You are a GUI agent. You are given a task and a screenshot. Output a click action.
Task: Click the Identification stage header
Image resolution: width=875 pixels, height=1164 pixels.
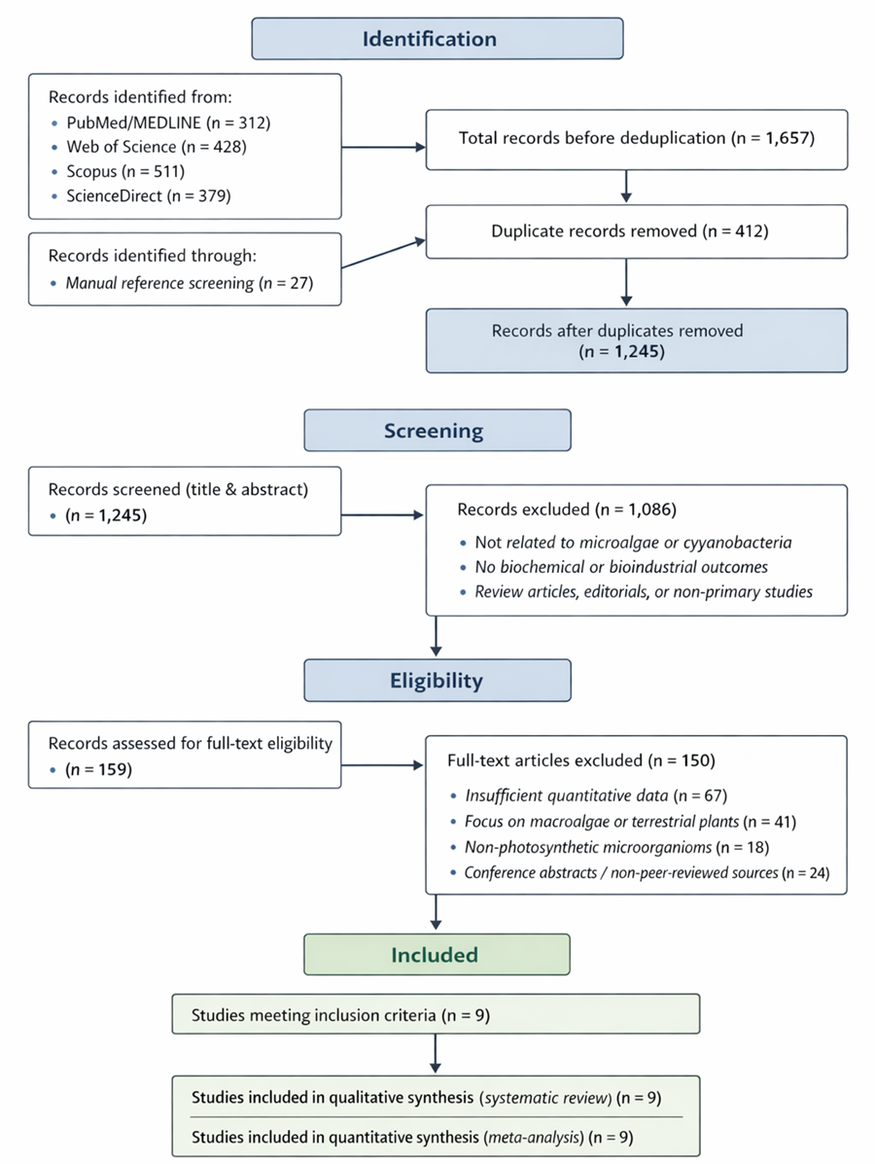click(x=437, y=40)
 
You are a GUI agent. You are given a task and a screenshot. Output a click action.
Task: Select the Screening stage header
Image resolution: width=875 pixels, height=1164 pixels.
click(x=437, y=430)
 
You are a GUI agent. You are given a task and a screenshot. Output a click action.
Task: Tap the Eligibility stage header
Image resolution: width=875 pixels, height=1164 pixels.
click(x=437, y=681)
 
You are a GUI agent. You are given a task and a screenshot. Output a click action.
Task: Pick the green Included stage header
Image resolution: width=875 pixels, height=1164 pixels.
click(x=437, y=955)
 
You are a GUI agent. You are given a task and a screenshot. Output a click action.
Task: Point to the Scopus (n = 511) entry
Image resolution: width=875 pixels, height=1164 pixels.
click(x=126, y=172)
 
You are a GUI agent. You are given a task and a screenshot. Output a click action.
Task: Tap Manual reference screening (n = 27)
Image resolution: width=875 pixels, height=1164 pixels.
click(x=190, y=284)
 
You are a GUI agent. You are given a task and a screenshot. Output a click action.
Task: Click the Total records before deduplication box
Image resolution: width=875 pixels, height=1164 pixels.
click(x=636, y=139)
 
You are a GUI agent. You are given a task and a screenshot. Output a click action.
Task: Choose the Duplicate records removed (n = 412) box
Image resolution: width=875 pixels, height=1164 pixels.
click(x=636, y=232)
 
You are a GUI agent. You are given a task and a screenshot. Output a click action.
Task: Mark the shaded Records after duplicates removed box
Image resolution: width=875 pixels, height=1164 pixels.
click(x=636, y=340)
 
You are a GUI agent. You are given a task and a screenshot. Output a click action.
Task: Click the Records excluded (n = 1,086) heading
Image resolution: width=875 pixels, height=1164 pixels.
click(x=568, y=510)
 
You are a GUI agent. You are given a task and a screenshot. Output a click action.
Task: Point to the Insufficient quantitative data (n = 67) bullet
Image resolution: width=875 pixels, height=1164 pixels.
click(x=595, y=795)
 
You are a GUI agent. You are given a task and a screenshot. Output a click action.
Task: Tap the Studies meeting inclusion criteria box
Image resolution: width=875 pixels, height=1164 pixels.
click(x=436, y=1013)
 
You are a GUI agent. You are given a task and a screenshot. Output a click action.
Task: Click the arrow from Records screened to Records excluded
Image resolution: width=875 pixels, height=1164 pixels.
click(x=383, y=515)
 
